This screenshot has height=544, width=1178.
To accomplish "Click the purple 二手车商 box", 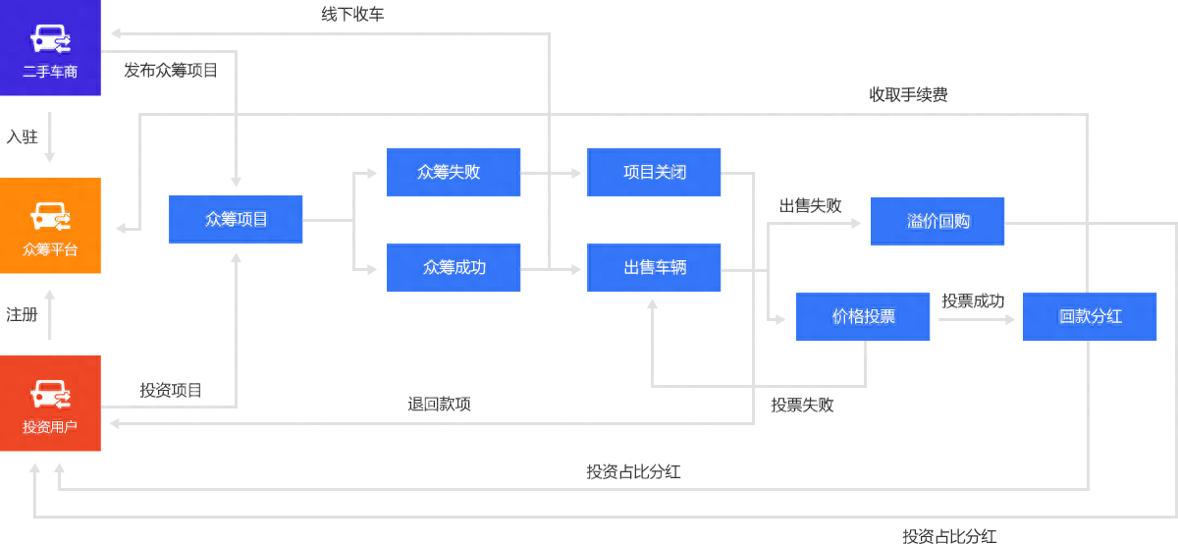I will pyautogui.click(x=50, y=48).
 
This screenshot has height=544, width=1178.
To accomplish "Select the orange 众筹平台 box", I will pyautogui.click(x=50, y=226).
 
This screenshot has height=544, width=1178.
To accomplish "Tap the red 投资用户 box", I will pyautogui.click(x=50, y=404).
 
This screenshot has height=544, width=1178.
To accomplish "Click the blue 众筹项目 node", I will pyautogui.click(x=236, y=219).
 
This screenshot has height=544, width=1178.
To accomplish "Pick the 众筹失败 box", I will pyautogui.click(x=454, y=172).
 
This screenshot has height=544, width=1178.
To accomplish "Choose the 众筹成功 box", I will pyautogui.click(x=454, y=267).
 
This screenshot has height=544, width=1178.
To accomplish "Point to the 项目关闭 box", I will pyautogui.click(x=654, y=172).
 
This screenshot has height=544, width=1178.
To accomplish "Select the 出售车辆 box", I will pyautogui.click(x=654, y=267).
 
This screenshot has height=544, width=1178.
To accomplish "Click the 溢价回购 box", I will pyautogui.click(x=937, y=221).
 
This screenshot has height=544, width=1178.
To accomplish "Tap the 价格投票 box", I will pyautogui.click(x=863, y=316).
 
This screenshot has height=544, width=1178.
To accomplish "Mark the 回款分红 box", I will pyautogui.click(x=1090, y=316).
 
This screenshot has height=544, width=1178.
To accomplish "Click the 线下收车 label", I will pyautogui.click(x=352, y=15).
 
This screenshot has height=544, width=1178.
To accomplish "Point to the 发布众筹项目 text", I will pyautogui.click(x=171, y=71).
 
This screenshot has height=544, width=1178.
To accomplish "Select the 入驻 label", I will pyautogui.click(x=22, y=136).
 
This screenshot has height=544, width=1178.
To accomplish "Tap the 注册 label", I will pyautogui.click(x=22, y=315).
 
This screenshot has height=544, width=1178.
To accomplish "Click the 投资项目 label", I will pyautogui.click(x=171, y=391).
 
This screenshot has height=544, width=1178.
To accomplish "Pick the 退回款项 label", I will pyautogui.click(x=439, y=405).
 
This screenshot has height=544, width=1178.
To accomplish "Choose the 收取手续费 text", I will pyautogui.click(x=908, y=95).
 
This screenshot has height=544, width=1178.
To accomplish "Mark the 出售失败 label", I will pyautogui.click(x=810, y=206).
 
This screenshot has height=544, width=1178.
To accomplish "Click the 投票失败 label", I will pyautogui.click(x=802, y=406).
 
